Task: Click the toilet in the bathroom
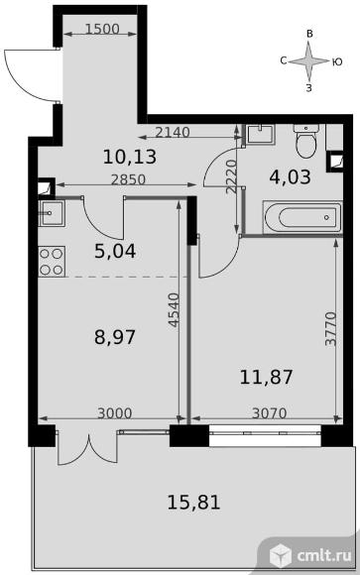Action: coord(306,141)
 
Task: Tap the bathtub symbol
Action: coord(302,217)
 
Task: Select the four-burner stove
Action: coord(52,262)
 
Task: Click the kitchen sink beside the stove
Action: coord(52,213)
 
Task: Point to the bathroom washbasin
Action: coord(260,135)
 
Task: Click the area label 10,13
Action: coord(130,157)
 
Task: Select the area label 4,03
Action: coord(290,177)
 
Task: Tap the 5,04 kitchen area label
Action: coord(115,252)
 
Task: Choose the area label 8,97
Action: coord(115,337)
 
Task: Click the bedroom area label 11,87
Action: coord(267,378)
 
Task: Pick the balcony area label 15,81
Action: coord(193,503)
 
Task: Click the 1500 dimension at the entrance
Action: coord(102,29)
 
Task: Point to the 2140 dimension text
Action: coord(173,132)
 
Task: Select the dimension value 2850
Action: coord(129,179)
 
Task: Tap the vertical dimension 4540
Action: coord(174,310)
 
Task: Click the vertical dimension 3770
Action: coord(330,329)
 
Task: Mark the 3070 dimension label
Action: coord(270,413)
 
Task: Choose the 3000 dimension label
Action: coord(114,413)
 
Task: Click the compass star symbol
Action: coord(309,61)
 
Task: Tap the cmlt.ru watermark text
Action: coord(324,555)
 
